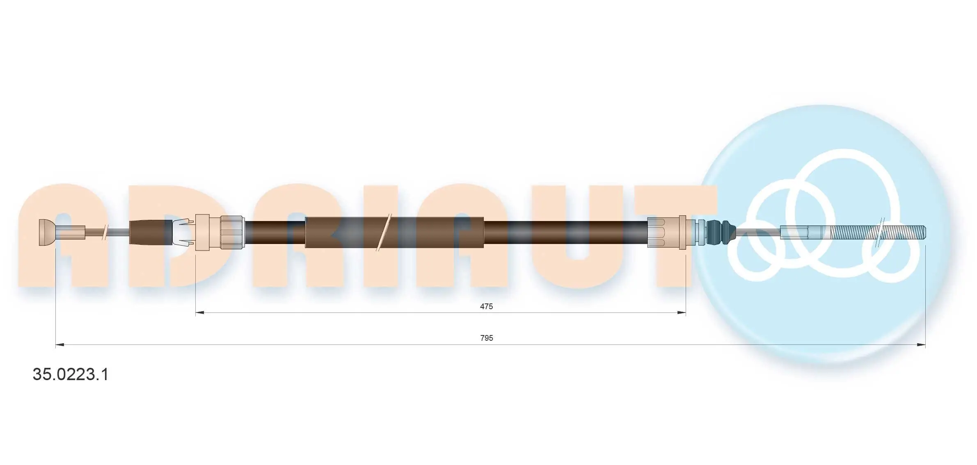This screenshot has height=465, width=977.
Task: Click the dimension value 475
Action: (x=486, y=306)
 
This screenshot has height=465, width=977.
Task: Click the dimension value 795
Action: (x=487, y=338)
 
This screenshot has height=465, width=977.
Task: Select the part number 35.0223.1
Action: (x=71, y=374)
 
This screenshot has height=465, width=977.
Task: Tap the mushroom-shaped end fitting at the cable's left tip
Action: (x=47, y=232)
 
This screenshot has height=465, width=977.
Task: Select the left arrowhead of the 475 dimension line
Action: (x=200, y=313)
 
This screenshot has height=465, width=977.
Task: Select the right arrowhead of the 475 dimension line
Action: (x=681, y=313)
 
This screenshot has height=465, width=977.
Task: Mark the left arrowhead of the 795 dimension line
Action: (x=60, y=345)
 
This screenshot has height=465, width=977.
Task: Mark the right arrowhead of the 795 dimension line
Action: (x=921, y=345)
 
